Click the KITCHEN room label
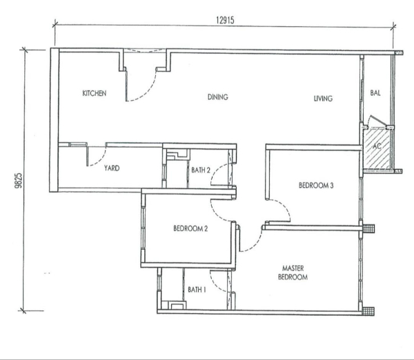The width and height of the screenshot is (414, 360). click(95, 93)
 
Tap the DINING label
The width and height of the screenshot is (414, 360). click(218, 97)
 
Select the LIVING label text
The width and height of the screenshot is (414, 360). click(323, 99)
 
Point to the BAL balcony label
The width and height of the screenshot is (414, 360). click(375, 92)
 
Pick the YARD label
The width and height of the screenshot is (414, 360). click(112, 168)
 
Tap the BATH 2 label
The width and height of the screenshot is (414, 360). click(201, 170)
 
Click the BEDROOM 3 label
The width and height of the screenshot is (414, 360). click(316, 186)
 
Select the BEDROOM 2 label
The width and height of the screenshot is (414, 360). click(190, 228)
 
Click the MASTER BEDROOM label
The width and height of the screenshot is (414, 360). click(293, 272)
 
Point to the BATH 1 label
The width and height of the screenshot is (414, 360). click(197, 290)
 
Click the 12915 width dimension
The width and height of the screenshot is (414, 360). click(225, 20)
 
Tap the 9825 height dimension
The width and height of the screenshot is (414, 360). click(19, 181)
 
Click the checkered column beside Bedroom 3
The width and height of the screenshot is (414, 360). click(368, 228)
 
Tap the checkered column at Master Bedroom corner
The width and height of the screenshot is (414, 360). click(368, 311)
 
